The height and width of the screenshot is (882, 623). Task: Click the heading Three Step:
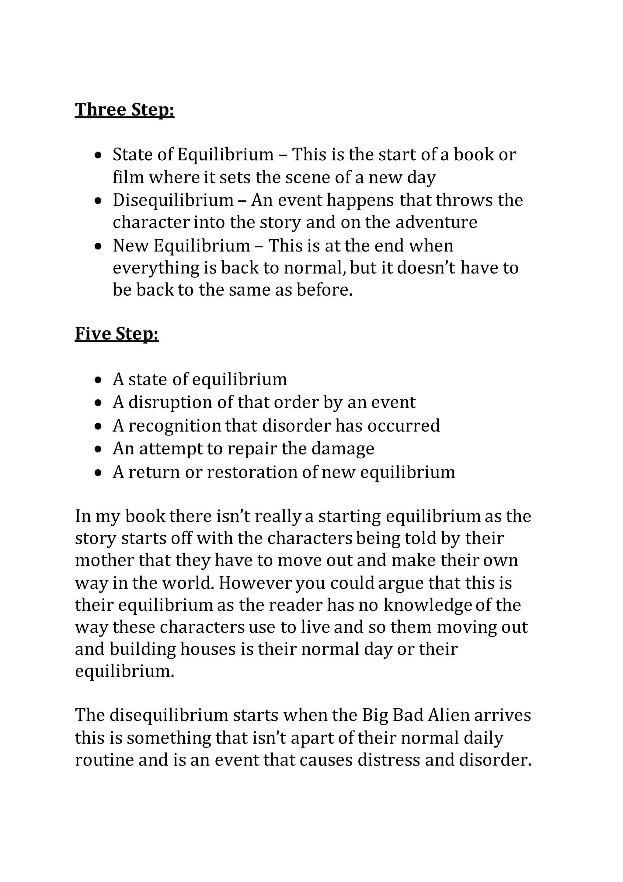[x=124, y=109]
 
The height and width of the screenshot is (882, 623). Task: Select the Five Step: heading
[x=117, y=333]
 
